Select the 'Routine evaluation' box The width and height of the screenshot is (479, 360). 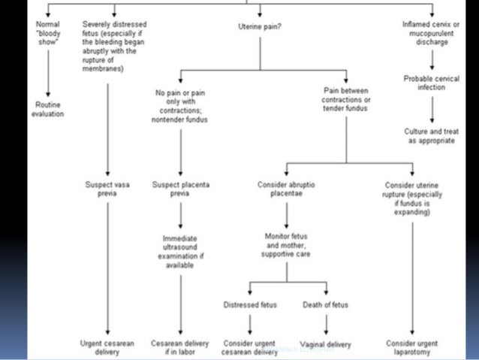47,109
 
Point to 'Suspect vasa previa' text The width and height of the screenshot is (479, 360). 108,189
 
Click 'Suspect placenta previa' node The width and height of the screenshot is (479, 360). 180,189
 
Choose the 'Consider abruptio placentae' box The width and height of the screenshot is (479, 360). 283,189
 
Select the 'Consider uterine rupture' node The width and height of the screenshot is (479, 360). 412,198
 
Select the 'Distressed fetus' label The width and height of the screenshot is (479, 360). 249,304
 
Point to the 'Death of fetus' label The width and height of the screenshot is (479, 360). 326,304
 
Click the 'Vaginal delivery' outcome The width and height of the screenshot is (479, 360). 326,345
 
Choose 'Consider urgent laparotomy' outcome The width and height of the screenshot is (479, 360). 412,347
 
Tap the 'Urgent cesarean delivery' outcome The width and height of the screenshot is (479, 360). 108,347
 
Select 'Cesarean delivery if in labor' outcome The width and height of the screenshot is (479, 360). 180,347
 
